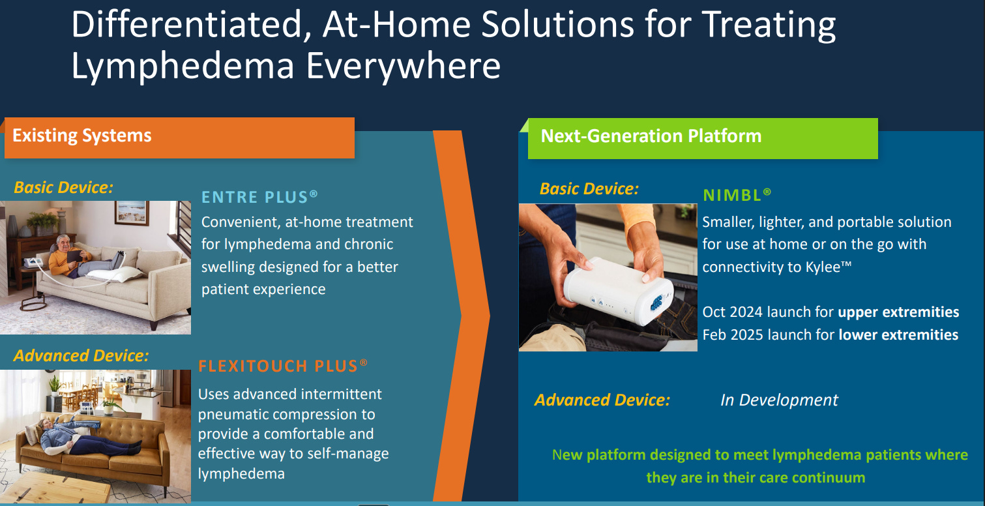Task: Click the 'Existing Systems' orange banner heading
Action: pos(81,136)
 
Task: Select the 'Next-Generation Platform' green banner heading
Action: pos(651,136)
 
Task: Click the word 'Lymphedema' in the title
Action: pos(183,67)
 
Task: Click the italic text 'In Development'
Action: pos(779,400)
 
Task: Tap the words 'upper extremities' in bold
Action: pos(898,312)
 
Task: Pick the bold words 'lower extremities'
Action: pos(898,335)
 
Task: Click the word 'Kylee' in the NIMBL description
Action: pos(823,267)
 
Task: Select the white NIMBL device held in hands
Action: pos(618,290)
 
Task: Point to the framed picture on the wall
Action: pos(132,212)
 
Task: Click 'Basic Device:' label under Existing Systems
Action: pos(63,187)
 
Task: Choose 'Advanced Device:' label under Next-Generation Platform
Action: pos(602,400)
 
